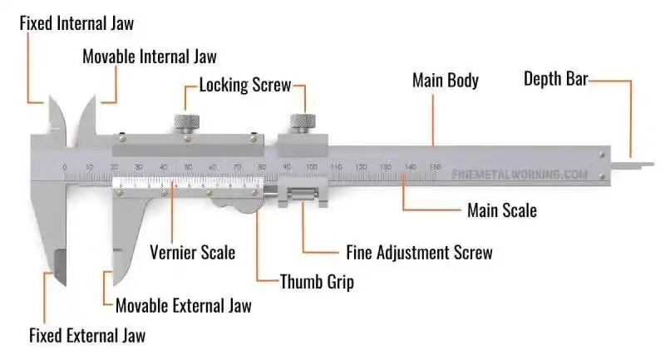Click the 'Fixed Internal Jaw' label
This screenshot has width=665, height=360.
pos(76,22)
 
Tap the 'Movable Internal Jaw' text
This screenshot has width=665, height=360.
pos(150,57)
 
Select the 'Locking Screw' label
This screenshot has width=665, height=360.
pos(245,85)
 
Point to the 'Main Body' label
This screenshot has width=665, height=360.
pos(446,81)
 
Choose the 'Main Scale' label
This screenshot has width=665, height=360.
pos(501,210)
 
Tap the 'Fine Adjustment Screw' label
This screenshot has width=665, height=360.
pos(419,252)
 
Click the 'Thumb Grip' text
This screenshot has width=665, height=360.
pos(317,282)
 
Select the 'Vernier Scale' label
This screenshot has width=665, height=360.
pos(192,252)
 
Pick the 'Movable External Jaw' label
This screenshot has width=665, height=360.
pos(183,305)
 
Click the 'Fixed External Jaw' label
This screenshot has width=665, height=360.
pos(87,336)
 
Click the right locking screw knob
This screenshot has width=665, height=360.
pos(300,122)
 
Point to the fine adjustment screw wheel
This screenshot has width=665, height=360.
pos(302,198)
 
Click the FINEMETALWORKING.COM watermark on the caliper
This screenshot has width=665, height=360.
pos(520,175)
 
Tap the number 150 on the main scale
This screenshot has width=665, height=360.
pos(434,168)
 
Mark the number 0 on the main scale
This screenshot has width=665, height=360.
pos(65,168)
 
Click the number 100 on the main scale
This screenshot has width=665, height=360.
pos(311,168)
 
